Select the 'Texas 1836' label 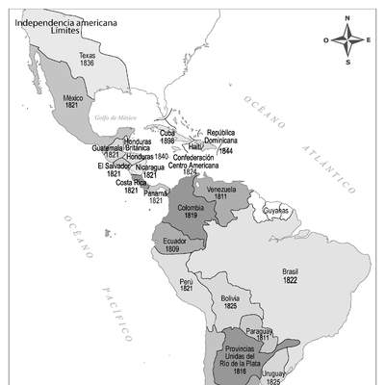point(88,60)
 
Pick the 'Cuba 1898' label point(168,137)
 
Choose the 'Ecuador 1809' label point(173,244)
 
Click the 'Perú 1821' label point(187,286)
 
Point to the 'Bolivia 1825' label point(230,303)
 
